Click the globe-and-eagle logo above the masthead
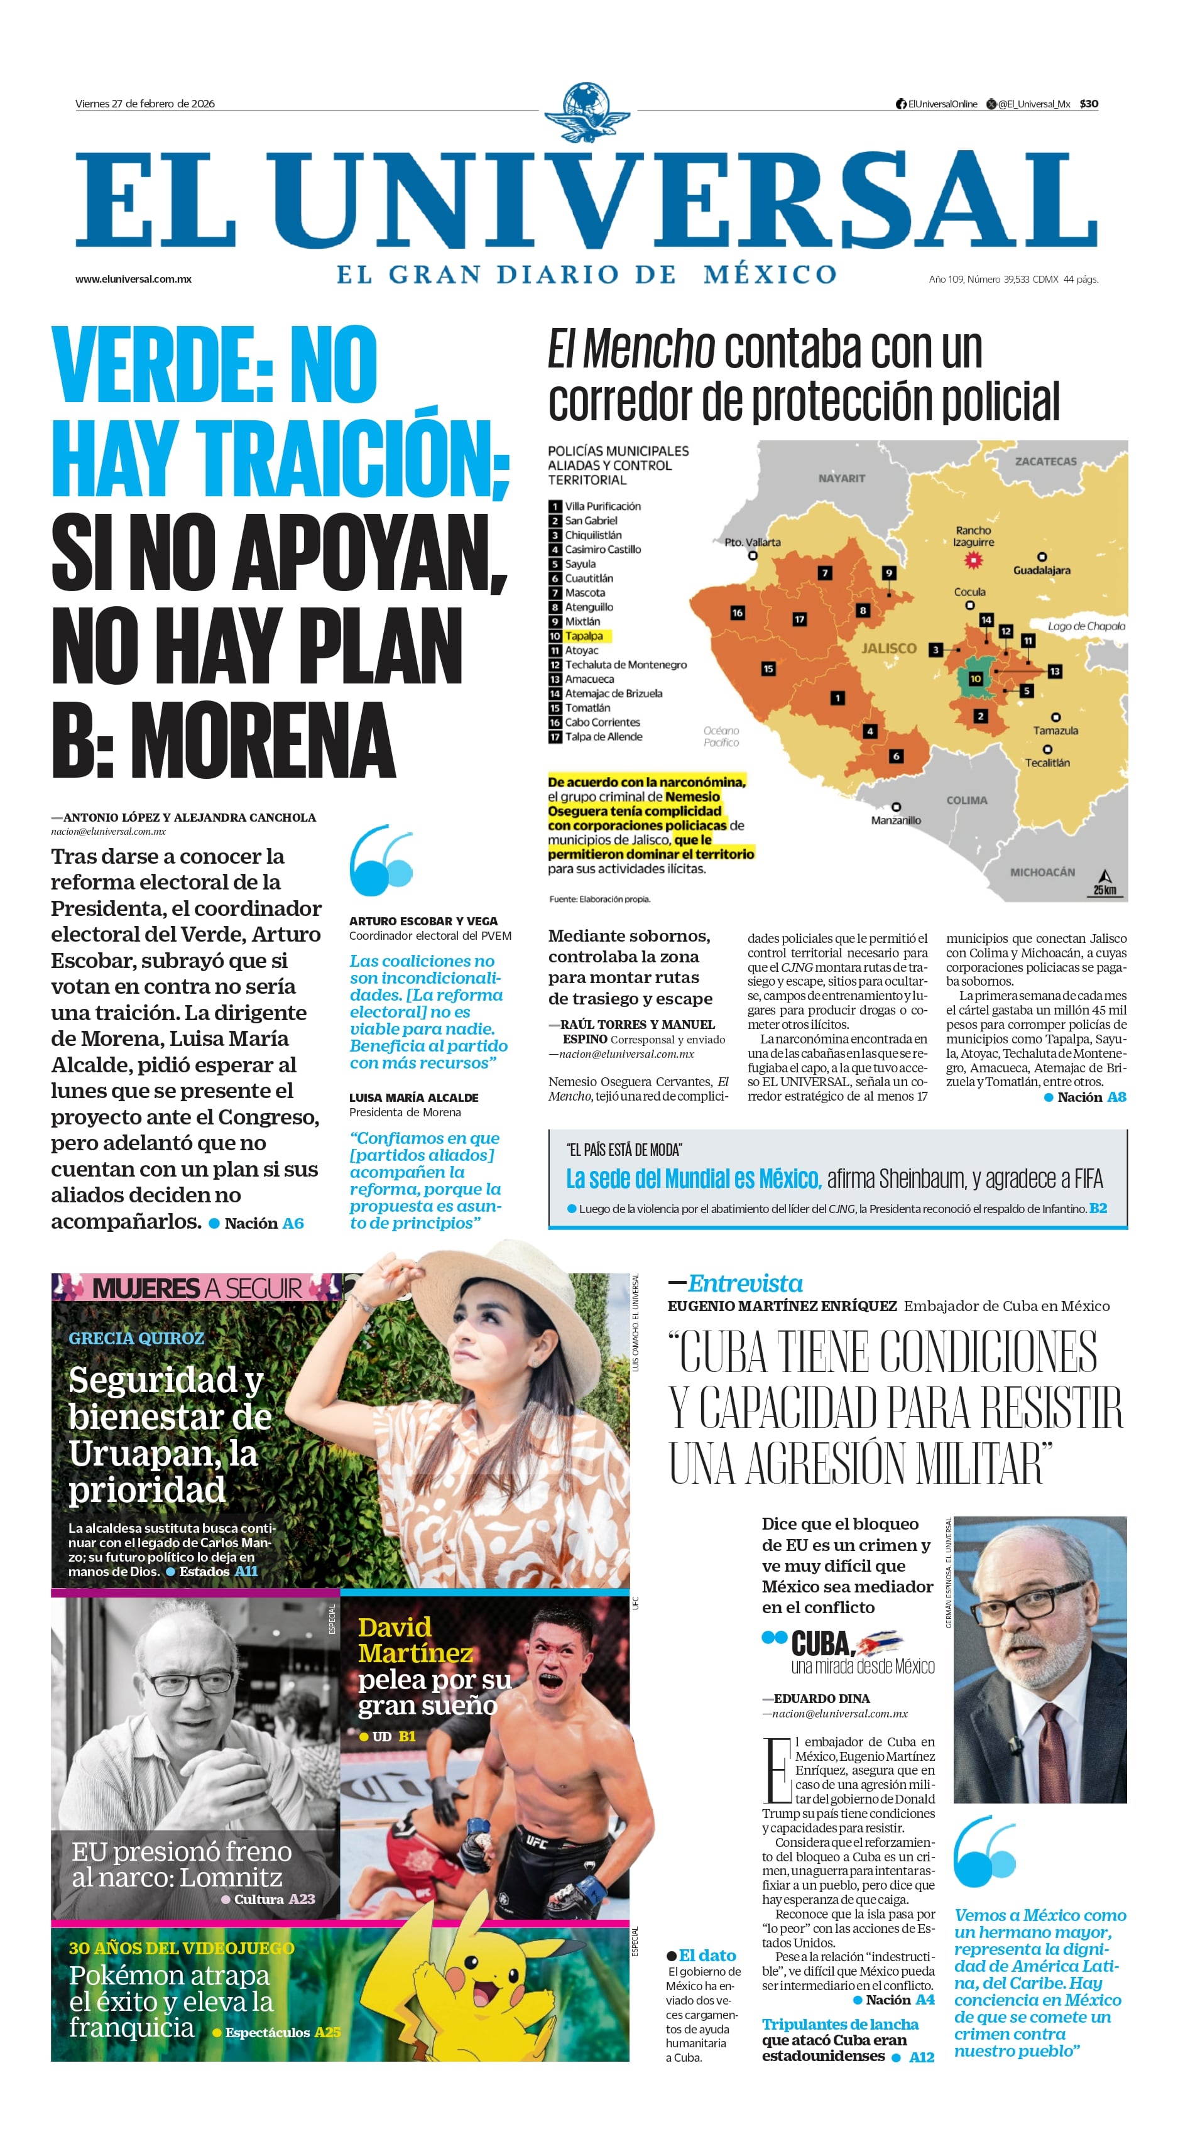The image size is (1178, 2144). tap(588, 112)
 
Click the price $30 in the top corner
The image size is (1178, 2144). tap(1088, 104)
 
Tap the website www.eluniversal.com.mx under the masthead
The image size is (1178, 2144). tap(133, 279)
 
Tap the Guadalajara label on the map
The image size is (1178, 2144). tap(1042, 570)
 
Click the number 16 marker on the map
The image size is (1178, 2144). tap(737, 612)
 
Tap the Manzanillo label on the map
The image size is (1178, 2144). tap(896, 820)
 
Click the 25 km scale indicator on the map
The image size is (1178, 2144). tap(1104, 884)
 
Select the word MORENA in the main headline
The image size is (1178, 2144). tap(263, 740)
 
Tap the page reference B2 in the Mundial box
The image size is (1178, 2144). tap(1098, 1207)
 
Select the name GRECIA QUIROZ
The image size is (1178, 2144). tap(136, 1338)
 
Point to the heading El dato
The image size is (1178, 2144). tap(707, 1955)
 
